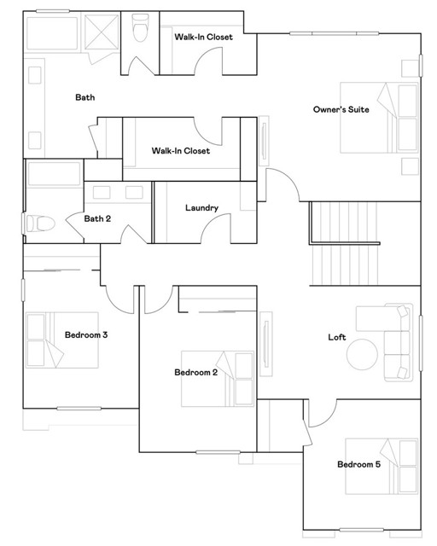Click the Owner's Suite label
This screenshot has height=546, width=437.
coord(341,109)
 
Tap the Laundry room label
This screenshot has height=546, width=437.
coord(201,208)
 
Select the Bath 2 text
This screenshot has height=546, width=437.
coord(97,219)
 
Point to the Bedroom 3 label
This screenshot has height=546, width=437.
coord(85,335)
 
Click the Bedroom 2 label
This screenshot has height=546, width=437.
coord(195,373)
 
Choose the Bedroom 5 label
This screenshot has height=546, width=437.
coord(358,465)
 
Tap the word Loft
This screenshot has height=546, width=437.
coord(337,338)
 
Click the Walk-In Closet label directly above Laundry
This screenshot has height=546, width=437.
coord(180,151)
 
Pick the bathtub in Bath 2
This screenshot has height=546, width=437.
coord(54,174)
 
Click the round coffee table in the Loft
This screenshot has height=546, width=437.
coord(363,354)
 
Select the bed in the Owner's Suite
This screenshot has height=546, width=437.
coord(380,117)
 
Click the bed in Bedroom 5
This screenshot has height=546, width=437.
coord(382,466)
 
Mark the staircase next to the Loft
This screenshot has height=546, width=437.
coord(341,247)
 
